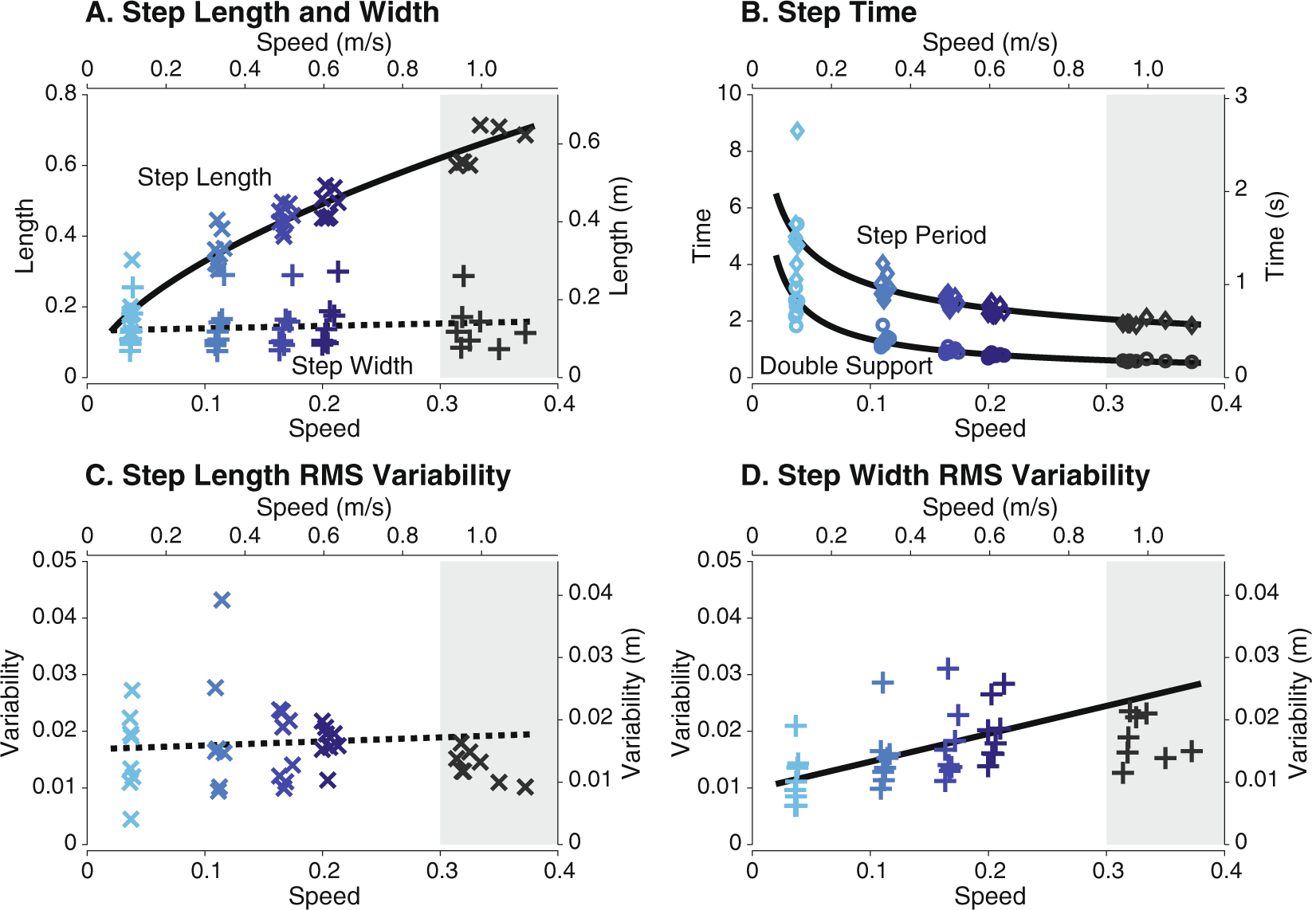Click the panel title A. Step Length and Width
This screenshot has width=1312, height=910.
[x=262, y=13]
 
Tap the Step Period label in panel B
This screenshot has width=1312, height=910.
[x=921, y=235]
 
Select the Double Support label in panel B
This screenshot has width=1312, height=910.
[x=846, y=366]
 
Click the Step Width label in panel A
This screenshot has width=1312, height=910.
[x=352, y=366]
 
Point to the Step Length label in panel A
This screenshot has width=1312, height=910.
[x=204, y=177]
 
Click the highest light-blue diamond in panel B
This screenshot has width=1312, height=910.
[x=797, y=131]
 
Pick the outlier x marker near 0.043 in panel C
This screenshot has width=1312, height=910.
[x=222, y=600]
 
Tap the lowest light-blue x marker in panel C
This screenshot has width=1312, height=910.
[x=132, y=819]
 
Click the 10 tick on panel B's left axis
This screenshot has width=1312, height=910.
[x=729, y=93]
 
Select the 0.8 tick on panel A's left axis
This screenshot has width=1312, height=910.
[x=61, y=93]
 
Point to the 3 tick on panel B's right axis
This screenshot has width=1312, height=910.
[x=1241, y=96]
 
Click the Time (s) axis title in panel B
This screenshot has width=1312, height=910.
[x=1276, y=236]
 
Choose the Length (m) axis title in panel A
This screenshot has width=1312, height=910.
[x=620, y=236]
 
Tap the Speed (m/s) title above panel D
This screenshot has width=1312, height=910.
[x=989, y=508]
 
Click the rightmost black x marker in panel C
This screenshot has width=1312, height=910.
[x=524, y=787]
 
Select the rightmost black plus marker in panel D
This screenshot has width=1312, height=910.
[x=1191, y=751]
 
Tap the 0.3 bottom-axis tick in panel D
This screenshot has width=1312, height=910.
[x=1107, y=870]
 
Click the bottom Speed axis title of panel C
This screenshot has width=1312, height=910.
[x=324, y=896]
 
